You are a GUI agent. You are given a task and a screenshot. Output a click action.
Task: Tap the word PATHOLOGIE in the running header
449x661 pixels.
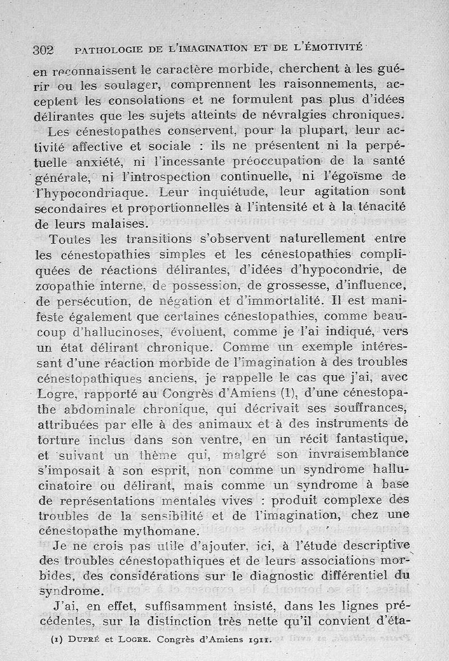click(105, 50)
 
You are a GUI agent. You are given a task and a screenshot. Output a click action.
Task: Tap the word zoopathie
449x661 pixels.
click(63, 286)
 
